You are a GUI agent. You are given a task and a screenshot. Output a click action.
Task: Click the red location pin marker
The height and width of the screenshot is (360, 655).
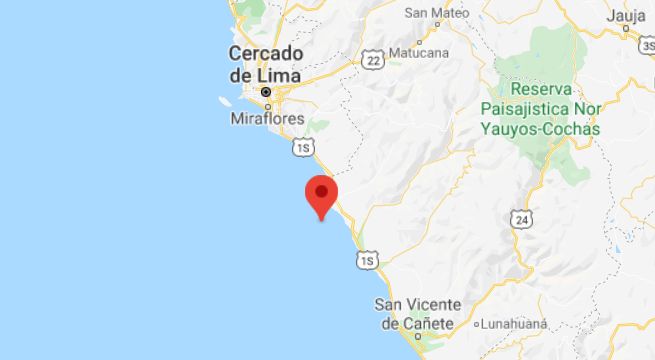click(x=322, y=192)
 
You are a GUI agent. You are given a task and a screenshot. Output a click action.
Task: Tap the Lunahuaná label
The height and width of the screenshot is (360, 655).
click(x=519, y=325)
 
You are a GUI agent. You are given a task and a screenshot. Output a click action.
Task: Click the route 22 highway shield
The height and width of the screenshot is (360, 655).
click(x=374, y=61)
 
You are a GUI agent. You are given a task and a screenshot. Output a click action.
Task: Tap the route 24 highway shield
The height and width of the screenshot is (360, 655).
click(x=519, y=218)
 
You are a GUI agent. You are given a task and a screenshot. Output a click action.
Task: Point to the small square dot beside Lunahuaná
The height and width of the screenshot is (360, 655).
click(x=477, y=325)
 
